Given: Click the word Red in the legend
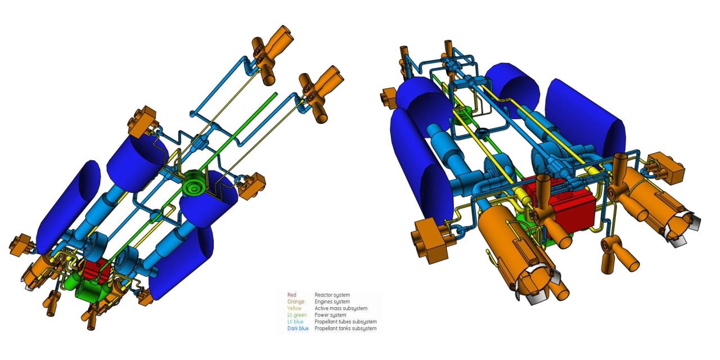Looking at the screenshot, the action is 291,295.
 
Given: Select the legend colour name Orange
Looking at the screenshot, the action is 296,301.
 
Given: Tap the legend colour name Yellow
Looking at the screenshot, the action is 294,308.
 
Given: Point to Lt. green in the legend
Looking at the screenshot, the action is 297,315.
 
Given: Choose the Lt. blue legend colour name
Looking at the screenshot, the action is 295,322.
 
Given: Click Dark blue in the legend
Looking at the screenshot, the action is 298,328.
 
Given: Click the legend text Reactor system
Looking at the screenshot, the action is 332,295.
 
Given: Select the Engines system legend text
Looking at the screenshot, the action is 332,301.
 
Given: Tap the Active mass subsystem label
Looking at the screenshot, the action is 341,308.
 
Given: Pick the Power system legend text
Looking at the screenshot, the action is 330,315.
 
